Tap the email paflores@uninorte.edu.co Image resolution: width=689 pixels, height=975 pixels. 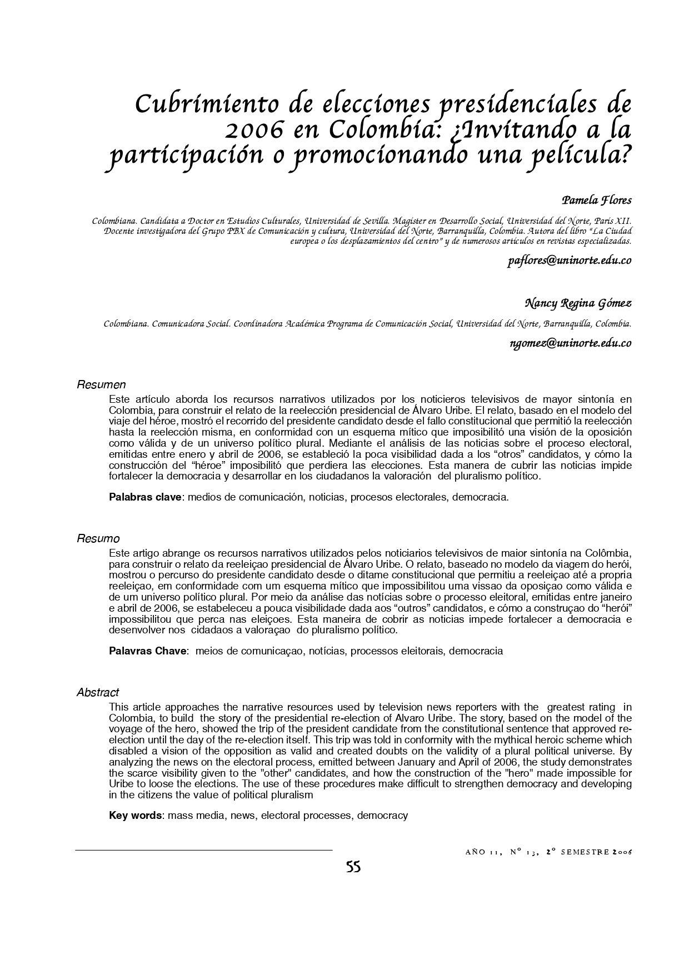(569, 261)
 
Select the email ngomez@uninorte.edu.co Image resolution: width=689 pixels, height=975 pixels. (570, 343)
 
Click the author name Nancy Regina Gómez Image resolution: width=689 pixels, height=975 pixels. (578, 303)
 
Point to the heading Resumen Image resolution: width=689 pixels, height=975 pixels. (101, 384)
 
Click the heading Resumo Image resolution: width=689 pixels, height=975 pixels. (98, 539)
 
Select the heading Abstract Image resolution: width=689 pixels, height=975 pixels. (98, 692)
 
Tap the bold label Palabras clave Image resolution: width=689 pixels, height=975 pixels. (145, 497)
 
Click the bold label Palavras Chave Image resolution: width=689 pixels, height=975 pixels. (147, 651)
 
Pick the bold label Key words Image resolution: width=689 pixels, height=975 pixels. (136, 816)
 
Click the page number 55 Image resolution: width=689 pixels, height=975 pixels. (353, 867)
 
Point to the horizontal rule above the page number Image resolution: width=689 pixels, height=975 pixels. (203, 850)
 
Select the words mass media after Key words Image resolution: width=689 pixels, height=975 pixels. (196, 816)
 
